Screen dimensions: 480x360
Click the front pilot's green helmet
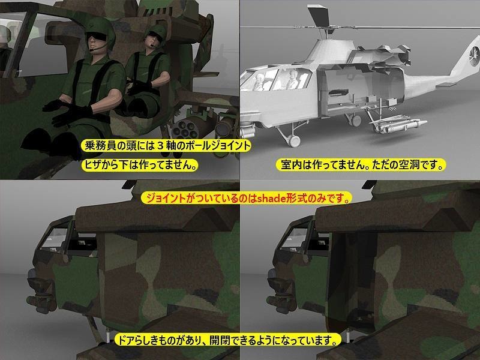(x=100, y=30)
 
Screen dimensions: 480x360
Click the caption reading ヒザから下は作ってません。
(x=140, y=165)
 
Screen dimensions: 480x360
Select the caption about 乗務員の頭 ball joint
(x=166, y=145)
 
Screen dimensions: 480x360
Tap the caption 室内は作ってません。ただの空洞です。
(x=361, y=165)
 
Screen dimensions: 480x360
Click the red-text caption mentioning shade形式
(x=246, y=199)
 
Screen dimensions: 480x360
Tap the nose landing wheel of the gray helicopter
(x=294, y=141)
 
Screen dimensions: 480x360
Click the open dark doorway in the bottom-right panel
(x=352, y=281)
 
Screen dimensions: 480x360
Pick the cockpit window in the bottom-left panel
(x=53, y=236)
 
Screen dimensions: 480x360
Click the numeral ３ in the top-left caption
(x=161, y=146)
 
